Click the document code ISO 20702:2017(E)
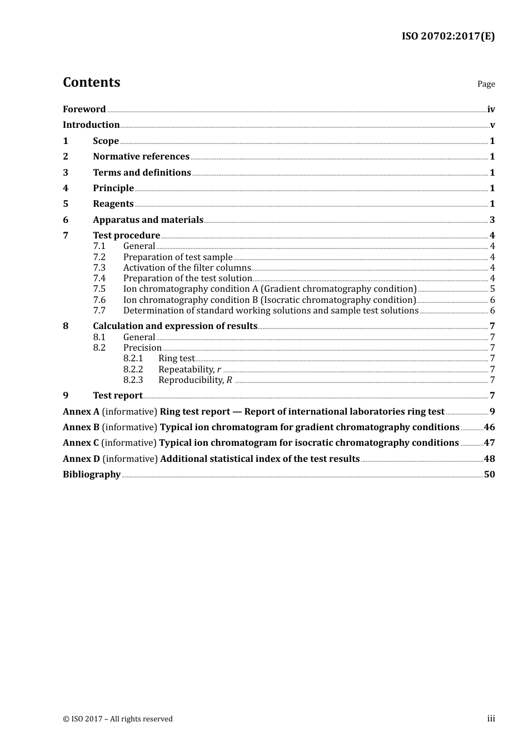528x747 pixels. point(448,37)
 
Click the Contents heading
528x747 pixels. point(91,82)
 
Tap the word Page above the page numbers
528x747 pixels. point(486,84)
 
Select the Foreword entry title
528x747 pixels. point(84,109)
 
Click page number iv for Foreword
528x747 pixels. point(491,109)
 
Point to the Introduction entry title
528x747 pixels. point(91,125)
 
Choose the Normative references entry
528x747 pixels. point(141,157)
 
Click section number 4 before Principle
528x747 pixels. point(66,188)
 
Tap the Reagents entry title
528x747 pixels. point(113,204)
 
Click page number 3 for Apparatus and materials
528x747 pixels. point(492,220)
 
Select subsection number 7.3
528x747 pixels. point(99,268)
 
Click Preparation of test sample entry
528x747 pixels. point(178,257)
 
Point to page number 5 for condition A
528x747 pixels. point(492,289)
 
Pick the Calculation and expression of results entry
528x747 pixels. point(175,326)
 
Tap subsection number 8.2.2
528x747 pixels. point(133,370)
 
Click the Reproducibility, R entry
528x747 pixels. point(195,380)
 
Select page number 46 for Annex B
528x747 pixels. point(489,427)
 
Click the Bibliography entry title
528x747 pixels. point(92,475)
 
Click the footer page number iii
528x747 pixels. point(491,719)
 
